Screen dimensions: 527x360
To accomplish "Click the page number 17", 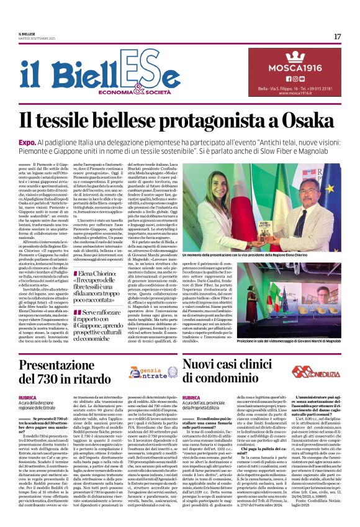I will click(x=337, y=37).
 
